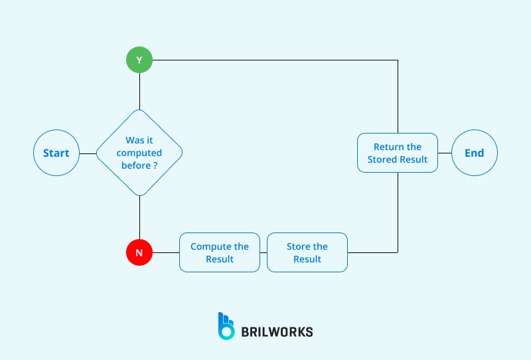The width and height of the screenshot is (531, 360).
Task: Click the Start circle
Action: (x=56, y=153)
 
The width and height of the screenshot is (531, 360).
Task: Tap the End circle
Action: (x=474, y=153)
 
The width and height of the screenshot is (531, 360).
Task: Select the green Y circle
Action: (x=139, y=60)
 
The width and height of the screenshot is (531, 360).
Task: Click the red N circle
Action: (x=139, y=252)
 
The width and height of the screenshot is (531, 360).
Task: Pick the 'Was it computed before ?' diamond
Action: (x=139, y=153)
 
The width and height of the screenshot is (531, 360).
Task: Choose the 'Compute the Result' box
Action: (x=219, y=252)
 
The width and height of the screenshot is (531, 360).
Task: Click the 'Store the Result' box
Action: (x=307, y=252)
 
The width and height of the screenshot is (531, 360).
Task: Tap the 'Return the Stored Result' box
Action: (x=398, y=153)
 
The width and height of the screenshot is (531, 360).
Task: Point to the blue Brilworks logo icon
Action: (x=226, y=326)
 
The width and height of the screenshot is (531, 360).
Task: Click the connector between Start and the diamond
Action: (x=88, y=153)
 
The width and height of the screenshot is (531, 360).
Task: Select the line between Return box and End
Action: (x=445, y=153)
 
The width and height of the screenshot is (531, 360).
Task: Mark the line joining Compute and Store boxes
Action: (x=264, y=252)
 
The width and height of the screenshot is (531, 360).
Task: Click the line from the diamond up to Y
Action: (x=139, y=91)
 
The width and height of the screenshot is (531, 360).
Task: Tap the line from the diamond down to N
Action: (x=139, y=218)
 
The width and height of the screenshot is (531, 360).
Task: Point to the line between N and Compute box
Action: (x=166, y=252)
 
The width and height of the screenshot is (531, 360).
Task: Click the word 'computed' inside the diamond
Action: (x=139, y=153)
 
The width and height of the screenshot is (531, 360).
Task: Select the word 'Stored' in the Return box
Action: (x=382, y=159)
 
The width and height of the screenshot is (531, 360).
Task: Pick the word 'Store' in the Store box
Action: (x=298, y=246)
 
